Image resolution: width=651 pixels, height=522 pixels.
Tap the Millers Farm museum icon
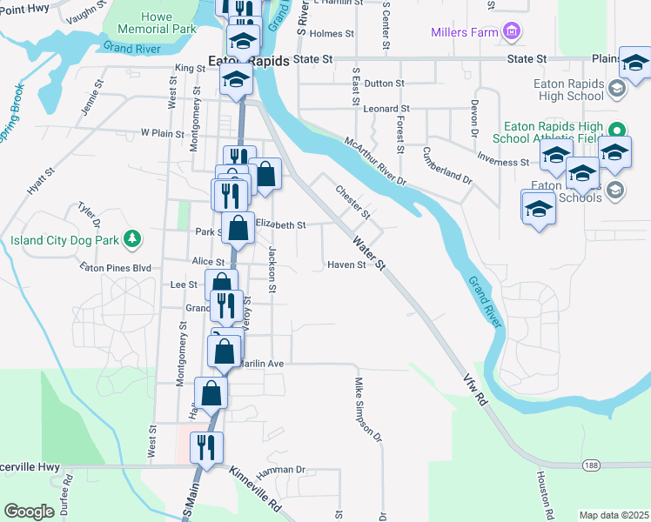(x=512, y=33)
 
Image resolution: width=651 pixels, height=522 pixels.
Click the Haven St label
(x=346, y=264)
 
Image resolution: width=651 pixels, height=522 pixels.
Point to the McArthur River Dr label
(x=375, y=161)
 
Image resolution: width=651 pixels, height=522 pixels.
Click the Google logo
(x=29, y=511)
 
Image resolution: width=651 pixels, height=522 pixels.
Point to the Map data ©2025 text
(x=614, y=515)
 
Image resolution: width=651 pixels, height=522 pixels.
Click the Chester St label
(x=353, y=202)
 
